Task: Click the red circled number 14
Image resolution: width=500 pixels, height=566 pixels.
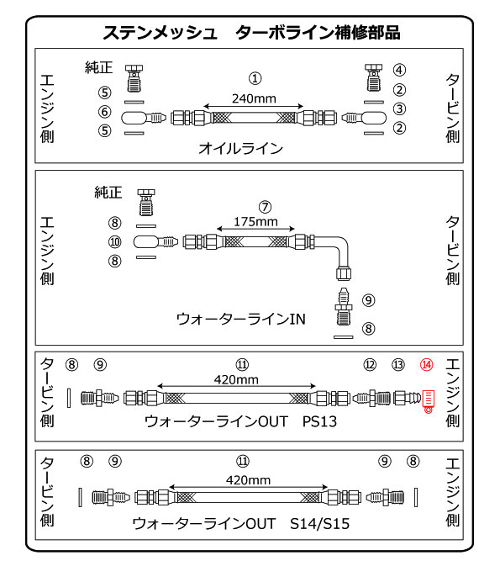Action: tap(426, 365)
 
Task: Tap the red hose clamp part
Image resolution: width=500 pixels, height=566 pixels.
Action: tap(428, 401)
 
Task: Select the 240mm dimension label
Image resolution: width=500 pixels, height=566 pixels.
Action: tap(254, 98)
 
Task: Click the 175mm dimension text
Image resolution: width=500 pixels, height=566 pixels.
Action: tap(255, 222)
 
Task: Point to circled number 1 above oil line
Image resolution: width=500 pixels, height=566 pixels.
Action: tap(255, 78)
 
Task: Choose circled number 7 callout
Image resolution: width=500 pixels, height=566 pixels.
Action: tap(266, 207)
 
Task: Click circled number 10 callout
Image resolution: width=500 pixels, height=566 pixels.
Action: tap(115, 241)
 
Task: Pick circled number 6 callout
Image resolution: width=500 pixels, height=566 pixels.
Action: tap(104, 112)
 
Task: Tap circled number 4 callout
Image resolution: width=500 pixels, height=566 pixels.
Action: tap(399, 70)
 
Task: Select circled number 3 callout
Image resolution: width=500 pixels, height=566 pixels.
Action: tap(399, 108)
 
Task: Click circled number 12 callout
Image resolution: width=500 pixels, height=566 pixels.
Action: tap(370, 365)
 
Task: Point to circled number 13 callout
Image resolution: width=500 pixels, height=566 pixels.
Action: tap(398, 365)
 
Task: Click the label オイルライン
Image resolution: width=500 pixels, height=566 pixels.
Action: tap(240, 148)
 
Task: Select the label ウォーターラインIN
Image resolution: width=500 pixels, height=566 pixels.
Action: tap(240, 319)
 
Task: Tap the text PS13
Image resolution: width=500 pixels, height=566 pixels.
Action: tap(319, 421)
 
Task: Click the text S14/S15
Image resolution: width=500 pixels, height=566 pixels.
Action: tap(319, 524)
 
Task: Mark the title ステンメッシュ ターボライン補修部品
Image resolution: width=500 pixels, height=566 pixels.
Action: tap(251, 33)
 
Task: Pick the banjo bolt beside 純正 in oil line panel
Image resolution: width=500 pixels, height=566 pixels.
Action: tap(134, 78)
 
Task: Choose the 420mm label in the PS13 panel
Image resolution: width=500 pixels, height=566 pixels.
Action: tap(236, 380)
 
